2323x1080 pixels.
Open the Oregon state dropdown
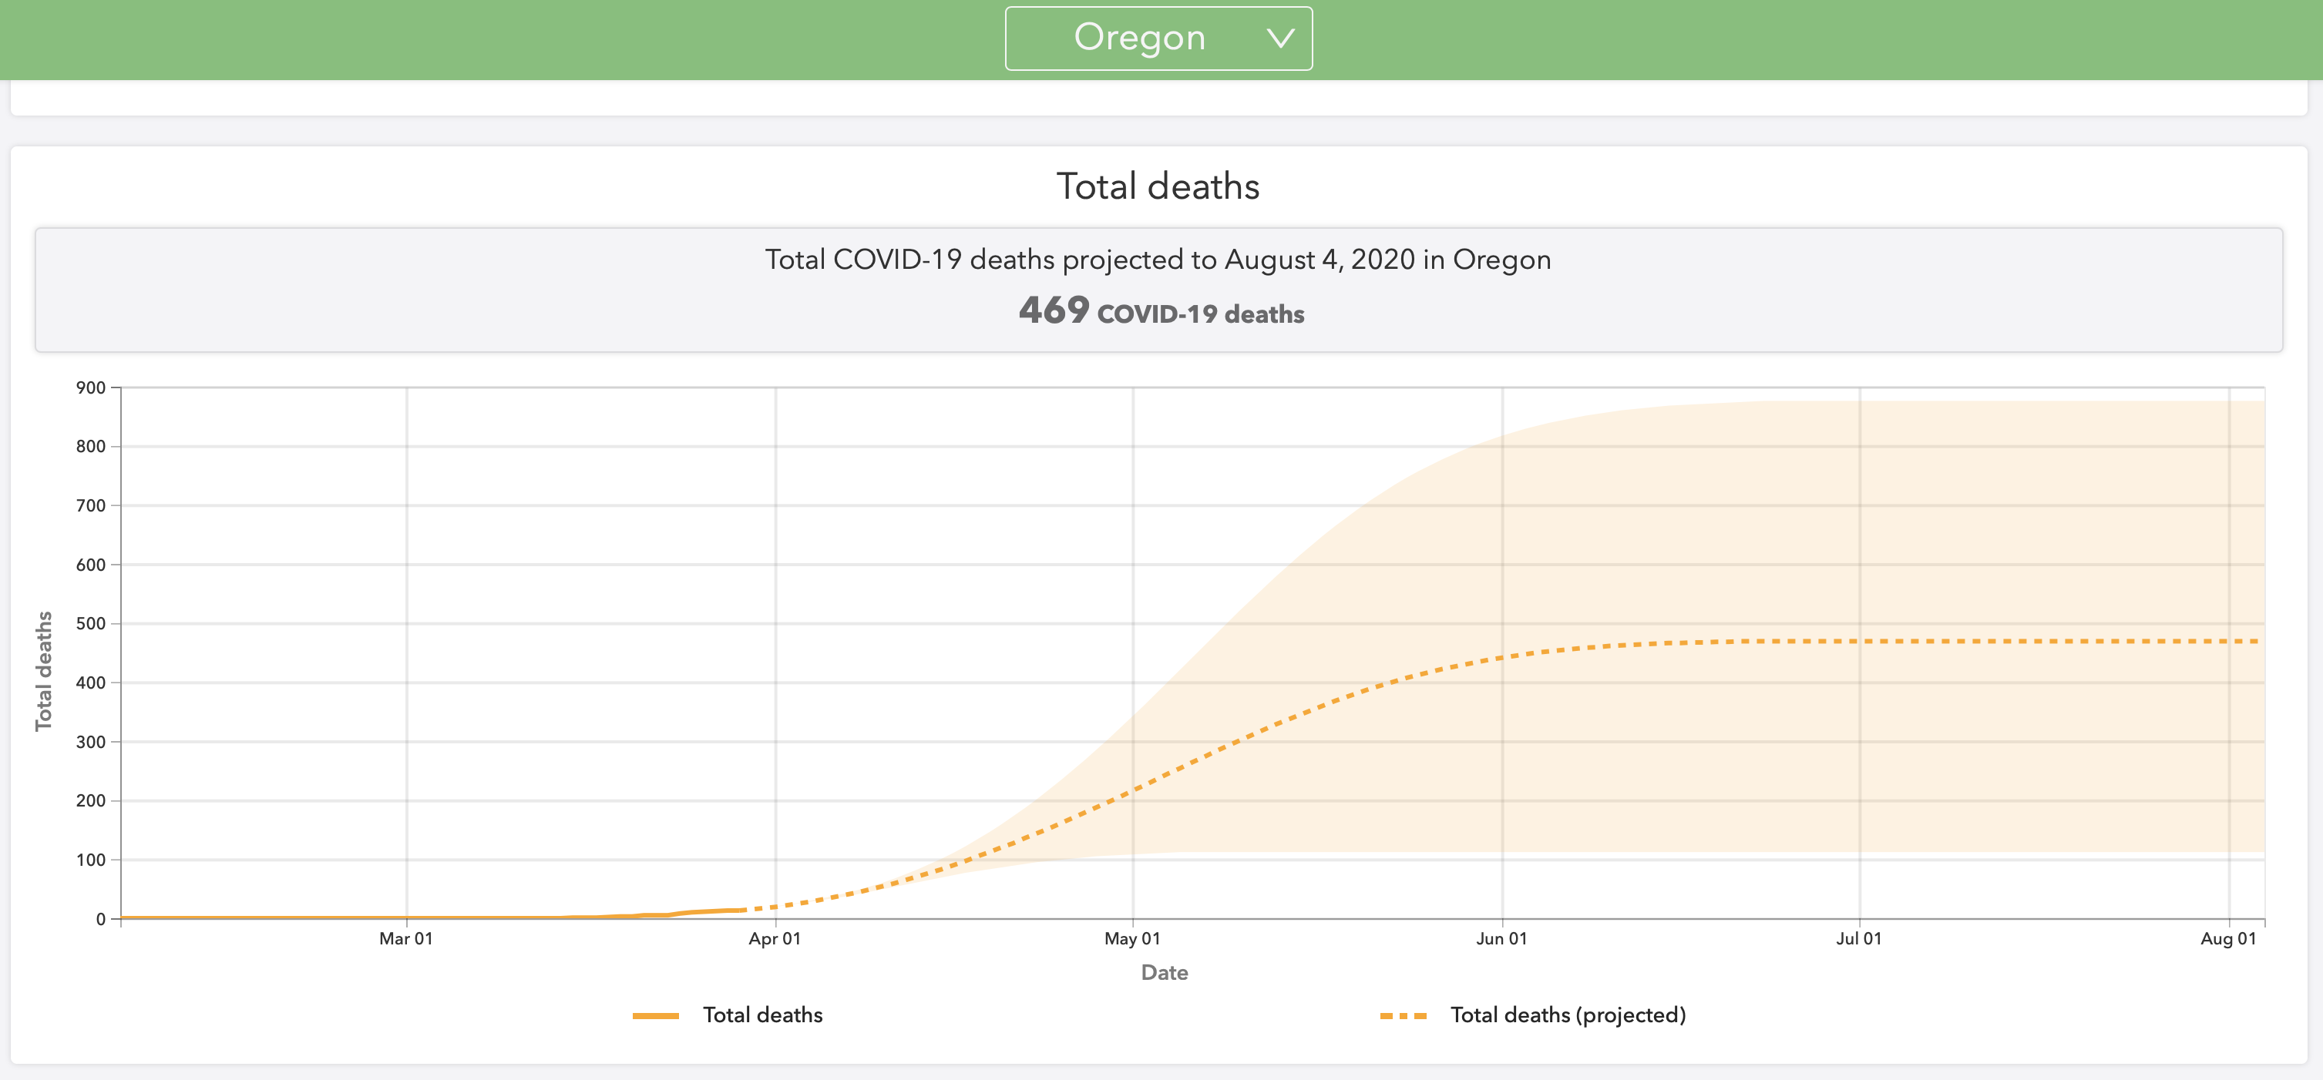[1158, 38]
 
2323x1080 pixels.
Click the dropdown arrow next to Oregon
[1279, 38]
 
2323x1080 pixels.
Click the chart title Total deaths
[1158, 186]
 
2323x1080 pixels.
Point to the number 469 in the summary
[1054, 311]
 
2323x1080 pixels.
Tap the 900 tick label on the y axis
[91, 387]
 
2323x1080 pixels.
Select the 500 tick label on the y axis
[91, 623]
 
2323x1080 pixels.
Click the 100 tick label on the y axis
[91, 859]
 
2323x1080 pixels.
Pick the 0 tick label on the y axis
[101, 919]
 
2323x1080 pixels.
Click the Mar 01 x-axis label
[406, 938]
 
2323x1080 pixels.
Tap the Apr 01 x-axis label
[775, 938]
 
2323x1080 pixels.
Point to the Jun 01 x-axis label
[1501, 938]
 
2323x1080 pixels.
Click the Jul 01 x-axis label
[1858, 938]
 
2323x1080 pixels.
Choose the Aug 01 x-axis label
[2228, 938]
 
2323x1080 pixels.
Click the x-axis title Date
[1165, 973]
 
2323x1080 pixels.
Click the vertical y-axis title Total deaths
[43, 671]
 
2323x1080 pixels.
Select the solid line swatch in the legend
[656, 1016]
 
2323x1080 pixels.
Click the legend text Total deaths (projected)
[1568, 1015]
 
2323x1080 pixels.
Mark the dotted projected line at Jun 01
[1502, 657]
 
